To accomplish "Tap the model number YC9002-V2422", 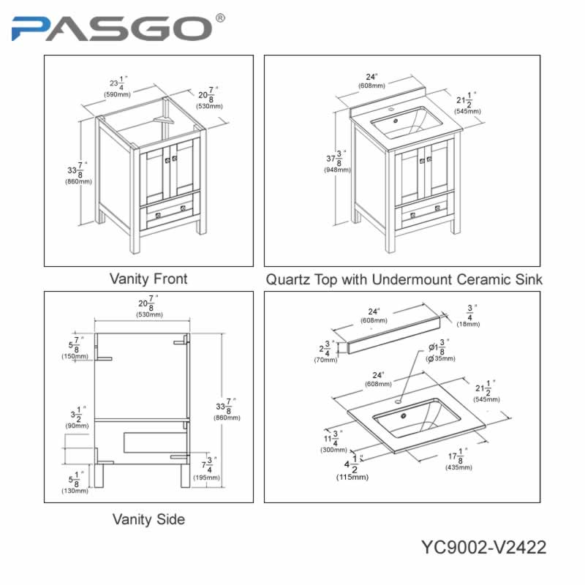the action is coord(483,548).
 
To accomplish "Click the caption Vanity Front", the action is coord(148,279).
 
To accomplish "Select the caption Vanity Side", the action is coord(148,519).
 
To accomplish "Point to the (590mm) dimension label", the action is coord(117,95).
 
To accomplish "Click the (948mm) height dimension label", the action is coord(337,170).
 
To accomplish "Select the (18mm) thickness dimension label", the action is coord(468,324).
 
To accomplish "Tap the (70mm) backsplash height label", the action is coord(325,360).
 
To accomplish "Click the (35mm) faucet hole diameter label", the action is coord(441,358).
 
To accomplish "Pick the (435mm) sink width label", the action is coord(458,467).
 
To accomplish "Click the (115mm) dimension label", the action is coord(352,478).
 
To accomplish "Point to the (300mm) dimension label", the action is coord(333,450).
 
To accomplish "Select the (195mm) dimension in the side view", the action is coord(206,478).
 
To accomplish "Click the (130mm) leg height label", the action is coord(75,491).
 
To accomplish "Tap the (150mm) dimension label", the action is coord(75,356).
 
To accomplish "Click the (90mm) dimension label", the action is coord(77,426).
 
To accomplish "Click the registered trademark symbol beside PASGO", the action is coord(221,18).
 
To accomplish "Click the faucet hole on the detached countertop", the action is coord(398,401).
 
